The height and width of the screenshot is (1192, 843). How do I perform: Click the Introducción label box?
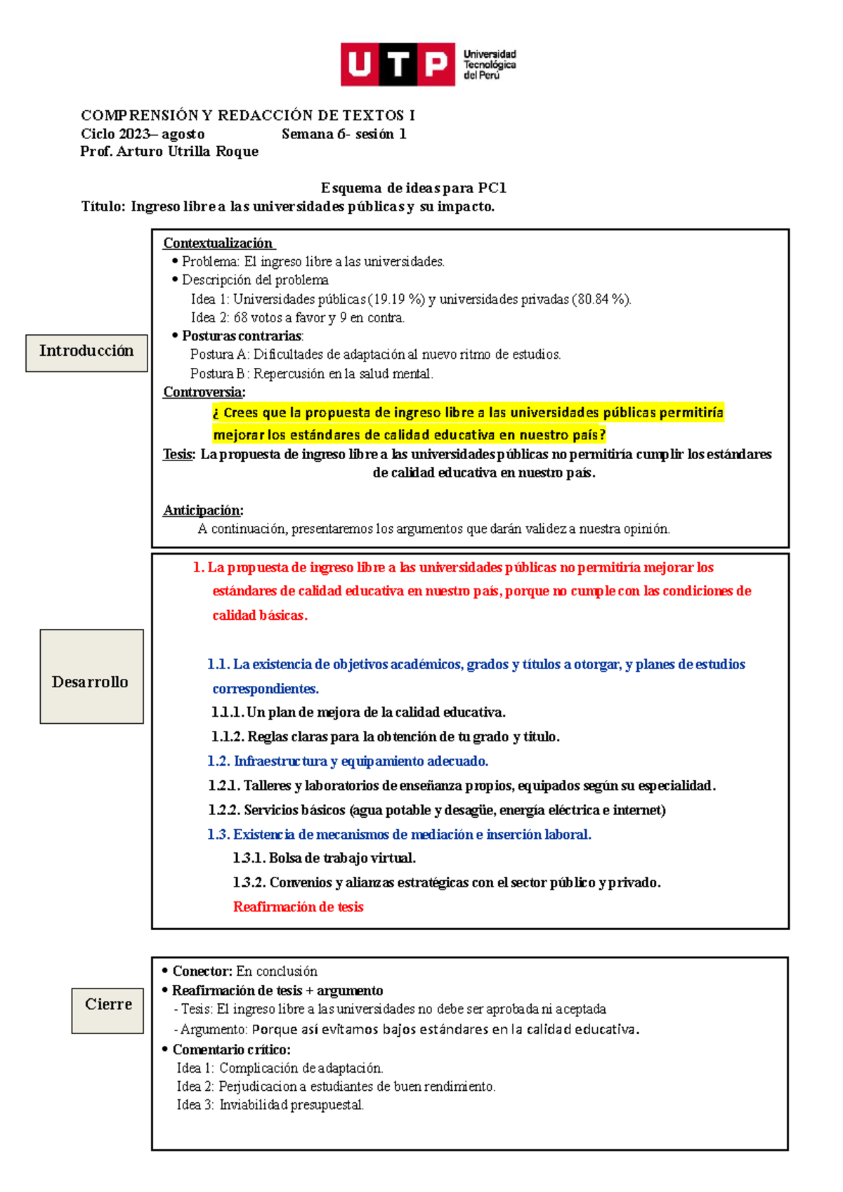pos(86,352)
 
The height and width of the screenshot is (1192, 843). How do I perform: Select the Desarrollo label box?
pos(91,677)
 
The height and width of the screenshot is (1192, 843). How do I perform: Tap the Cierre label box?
pos(107,1010)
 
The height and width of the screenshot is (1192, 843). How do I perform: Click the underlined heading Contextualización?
pos(218,243)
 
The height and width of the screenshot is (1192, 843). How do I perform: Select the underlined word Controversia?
pos(203,392)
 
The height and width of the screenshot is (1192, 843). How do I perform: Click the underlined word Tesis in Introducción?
pos(178,454)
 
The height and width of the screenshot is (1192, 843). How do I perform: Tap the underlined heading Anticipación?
pos(202,510)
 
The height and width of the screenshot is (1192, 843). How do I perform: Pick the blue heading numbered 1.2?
pos(348,761)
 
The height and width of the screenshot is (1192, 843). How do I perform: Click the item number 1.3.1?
pos(249,858)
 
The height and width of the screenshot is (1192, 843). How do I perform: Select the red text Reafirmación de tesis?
pos(298,907)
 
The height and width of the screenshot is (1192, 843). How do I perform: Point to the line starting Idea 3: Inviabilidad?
pos(270,1105)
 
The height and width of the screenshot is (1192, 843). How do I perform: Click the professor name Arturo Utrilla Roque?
pos(188,152)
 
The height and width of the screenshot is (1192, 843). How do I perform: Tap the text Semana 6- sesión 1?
pos(344,134)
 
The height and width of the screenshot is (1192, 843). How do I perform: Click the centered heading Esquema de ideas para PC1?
pos(413,188)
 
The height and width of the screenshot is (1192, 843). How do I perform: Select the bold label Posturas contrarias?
pos(242,336)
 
